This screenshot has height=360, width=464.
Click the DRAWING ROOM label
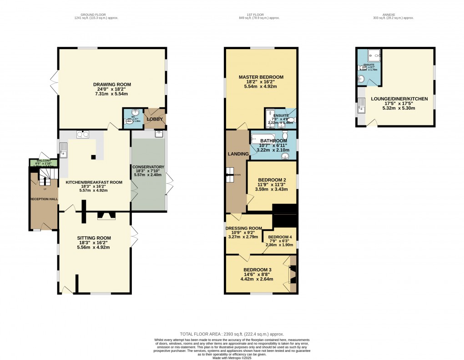(112, 85)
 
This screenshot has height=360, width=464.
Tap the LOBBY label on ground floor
(154, 119)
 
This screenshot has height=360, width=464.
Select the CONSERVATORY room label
(148, 167)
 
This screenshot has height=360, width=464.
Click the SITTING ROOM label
(94, 238)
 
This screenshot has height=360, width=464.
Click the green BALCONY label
(40, 161)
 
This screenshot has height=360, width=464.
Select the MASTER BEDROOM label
(261, 77)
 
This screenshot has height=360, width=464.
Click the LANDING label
(238, 154)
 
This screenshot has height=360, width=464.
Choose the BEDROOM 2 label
(272, 180)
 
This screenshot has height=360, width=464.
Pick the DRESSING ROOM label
(245, 228)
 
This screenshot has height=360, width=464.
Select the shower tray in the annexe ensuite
(374, 56)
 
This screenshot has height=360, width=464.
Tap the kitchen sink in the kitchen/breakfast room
(64, 150)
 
